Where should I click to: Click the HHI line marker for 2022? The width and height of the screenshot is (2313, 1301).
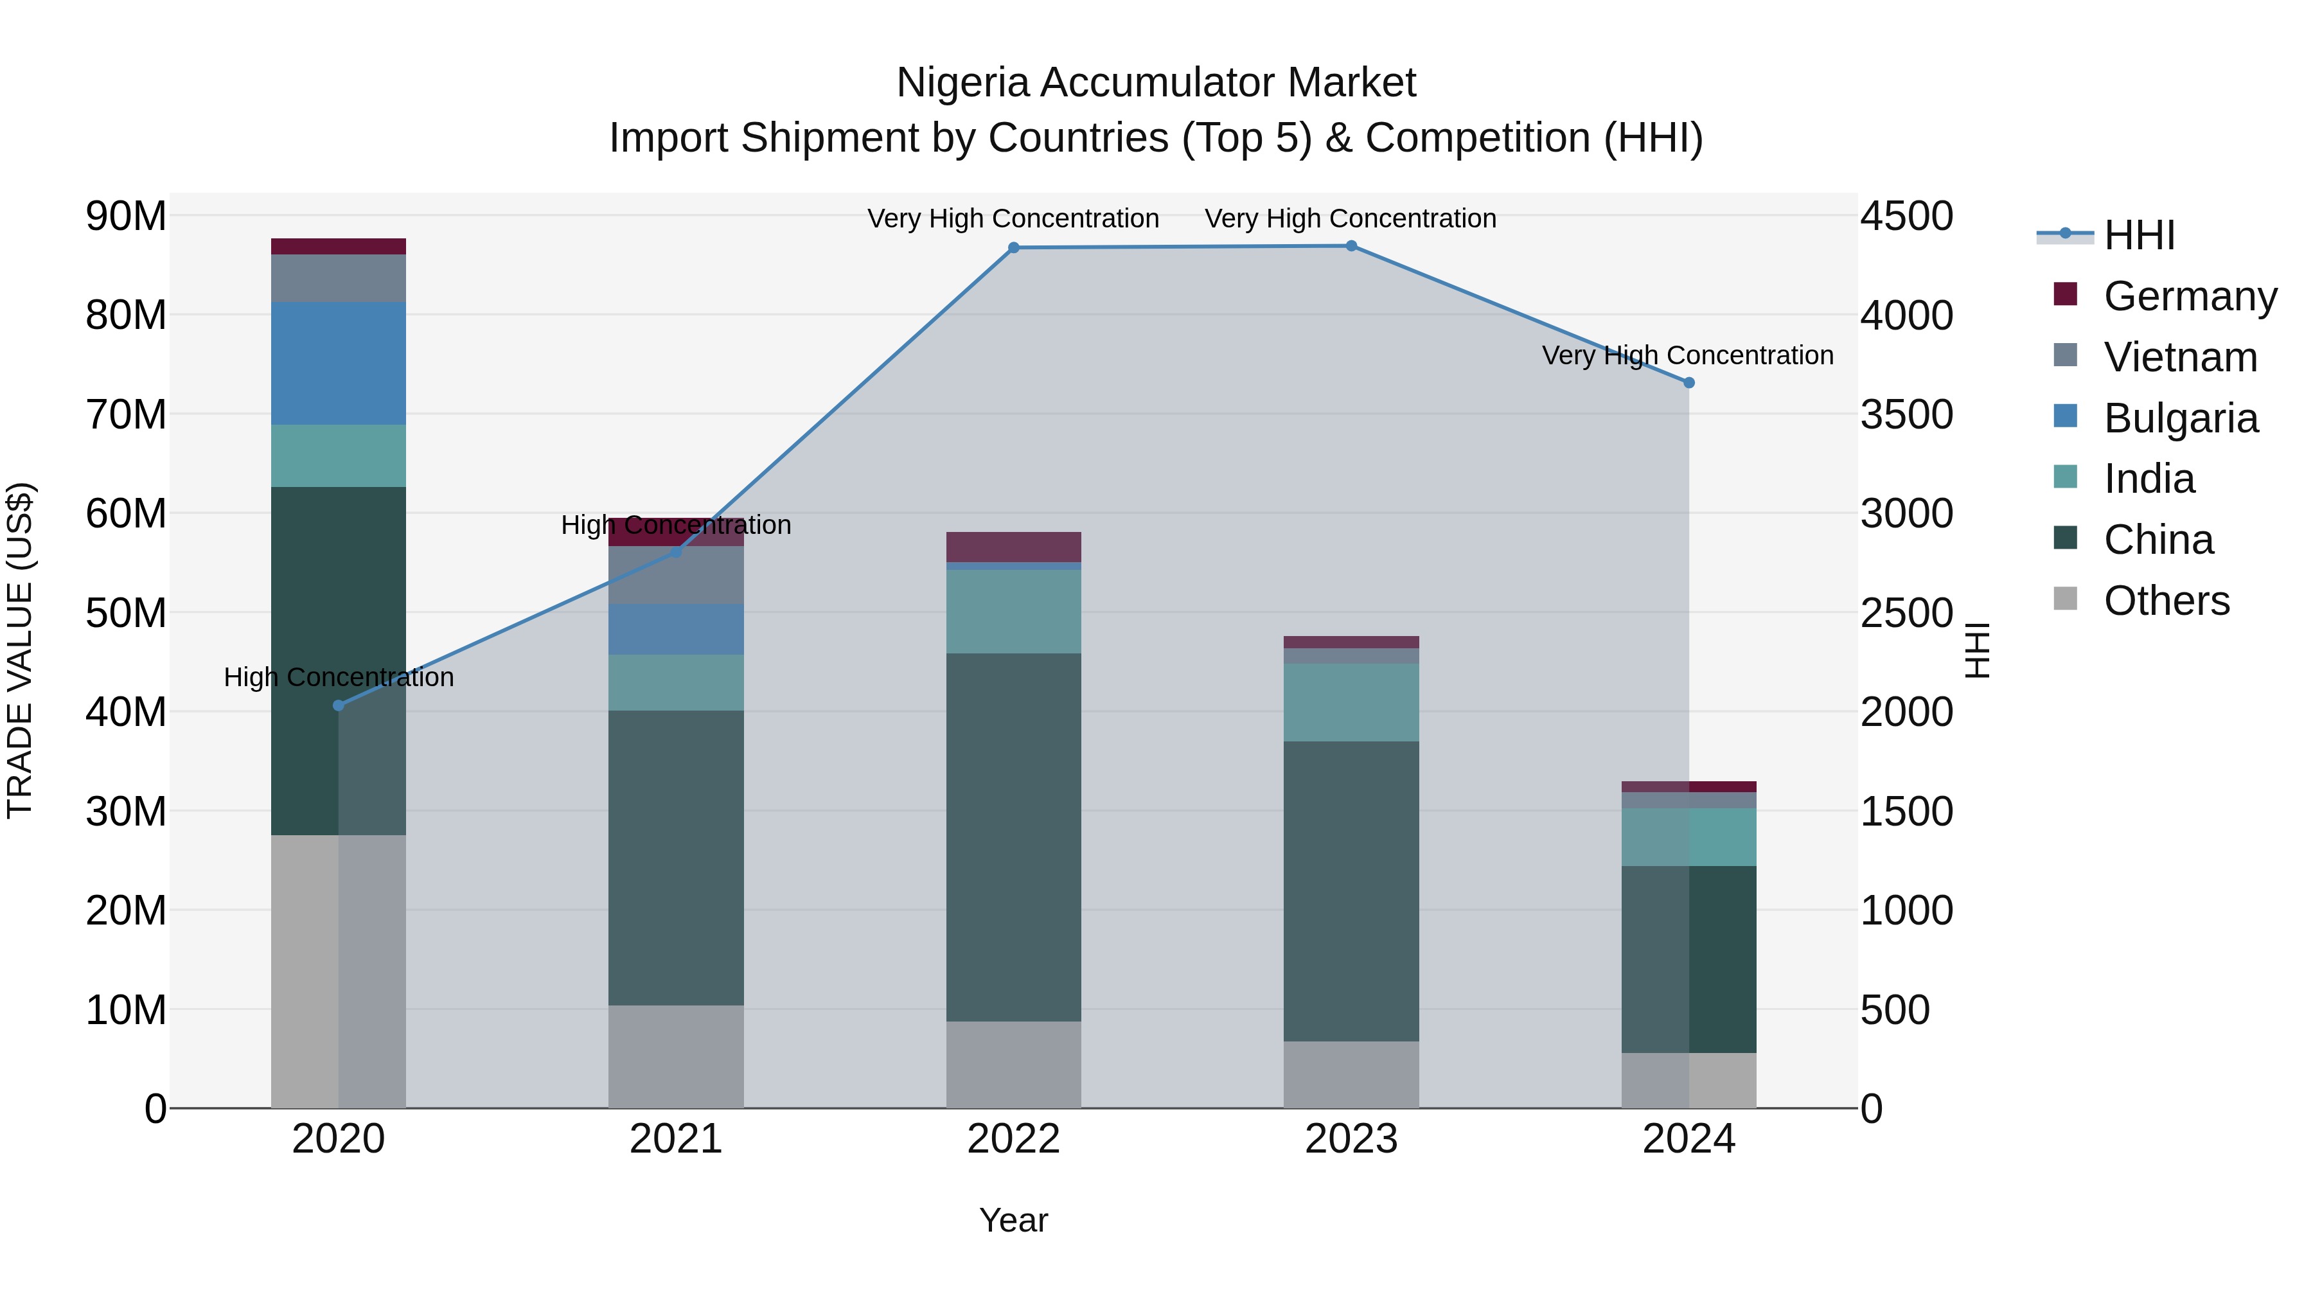[x=1014, y=248]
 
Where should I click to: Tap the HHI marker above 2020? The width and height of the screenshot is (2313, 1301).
[x=339, y=705]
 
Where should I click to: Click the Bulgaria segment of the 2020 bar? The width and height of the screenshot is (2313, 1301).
[x=339, y=364]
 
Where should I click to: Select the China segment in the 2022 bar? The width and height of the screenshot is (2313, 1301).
[x=1014, y=836]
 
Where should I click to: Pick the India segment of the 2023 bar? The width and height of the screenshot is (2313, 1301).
[x=1351, y=702]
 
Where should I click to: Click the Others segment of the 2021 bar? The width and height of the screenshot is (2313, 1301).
[x=676, y=1056]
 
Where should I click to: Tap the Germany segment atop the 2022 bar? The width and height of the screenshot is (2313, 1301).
[x=1014, y=547]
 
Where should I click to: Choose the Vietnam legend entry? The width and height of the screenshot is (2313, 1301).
[x=2180, y=357]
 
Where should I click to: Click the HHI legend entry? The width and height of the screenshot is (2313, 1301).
[x=2139, y=235]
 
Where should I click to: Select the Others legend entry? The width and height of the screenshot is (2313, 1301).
[x=2166, y=601]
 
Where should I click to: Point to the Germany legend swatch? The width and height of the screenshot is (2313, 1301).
[x=2065, y=294]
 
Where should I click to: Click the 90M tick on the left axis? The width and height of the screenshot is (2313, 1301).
[x=126, y=217]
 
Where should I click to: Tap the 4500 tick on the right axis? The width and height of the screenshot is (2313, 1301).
[x=1906, y=217]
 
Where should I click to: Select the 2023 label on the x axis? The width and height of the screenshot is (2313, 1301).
[x=1351, y=1139]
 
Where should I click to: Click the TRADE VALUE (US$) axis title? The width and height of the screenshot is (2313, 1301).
[x=20, y=650]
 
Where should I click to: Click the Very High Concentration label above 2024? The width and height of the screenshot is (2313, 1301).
[x=1687, y=355]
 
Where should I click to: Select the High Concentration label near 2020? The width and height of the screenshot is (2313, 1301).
[x=339, y=677]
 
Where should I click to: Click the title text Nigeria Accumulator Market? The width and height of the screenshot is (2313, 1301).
[x=1156, y=83]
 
